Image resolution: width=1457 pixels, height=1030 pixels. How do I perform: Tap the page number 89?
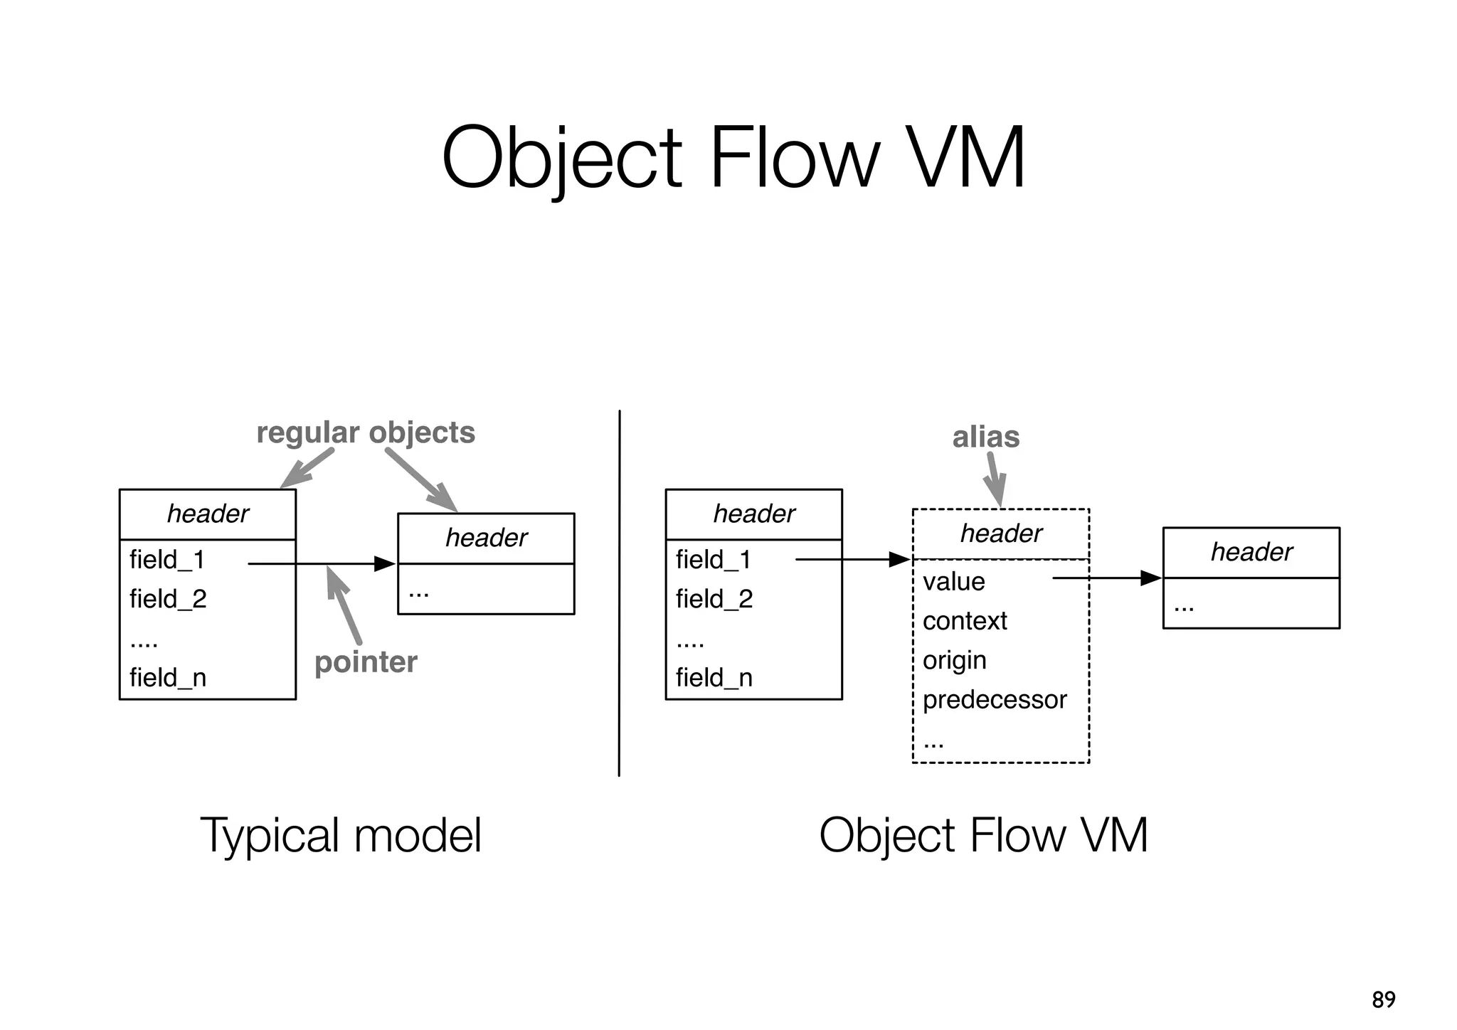click(1383, 999)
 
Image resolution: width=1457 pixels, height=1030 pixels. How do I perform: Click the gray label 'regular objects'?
click(366, 432)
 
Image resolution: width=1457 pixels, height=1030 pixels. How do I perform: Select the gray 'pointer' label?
click(366, 662)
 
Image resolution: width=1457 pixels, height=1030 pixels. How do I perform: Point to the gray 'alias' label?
click(985, 437)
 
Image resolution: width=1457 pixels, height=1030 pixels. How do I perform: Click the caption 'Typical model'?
click(341, 835)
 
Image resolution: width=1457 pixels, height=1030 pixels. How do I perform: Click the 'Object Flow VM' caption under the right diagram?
click(983, 835)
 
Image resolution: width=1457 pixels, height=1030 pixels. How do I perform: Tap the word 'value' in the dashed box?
click(953, 582)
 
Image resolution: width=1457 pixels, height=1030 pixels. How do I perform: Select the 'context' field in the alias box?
click(965, 621)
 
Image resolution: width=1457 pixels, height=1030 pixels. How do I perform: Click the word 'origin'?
click(954, 661)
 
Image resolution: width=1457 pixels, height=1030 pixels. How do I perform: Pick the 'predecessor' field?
click(995, 700)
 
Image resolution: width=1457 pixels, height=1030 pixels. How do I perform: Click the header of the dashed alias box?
click(1001, 533)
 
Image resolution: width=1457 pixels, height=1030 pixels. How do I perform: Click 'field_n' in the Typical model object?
click(168, 677)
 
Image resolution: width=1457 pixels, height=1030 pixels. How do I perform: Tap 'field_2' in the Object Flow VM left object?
click(714, 599)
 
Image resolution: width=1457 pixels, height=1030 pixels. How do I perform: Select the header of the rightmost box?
click(1251, 552)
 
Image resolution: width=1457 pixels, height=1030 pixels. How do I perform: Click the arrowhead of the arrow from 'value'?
click(1151, 578)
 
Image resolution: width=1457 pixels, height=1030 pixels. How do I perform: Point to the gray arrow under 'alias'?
click(995, 480)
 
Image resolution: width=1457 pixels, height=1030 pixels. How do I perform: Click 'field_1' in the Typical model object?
click(167, 560)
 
